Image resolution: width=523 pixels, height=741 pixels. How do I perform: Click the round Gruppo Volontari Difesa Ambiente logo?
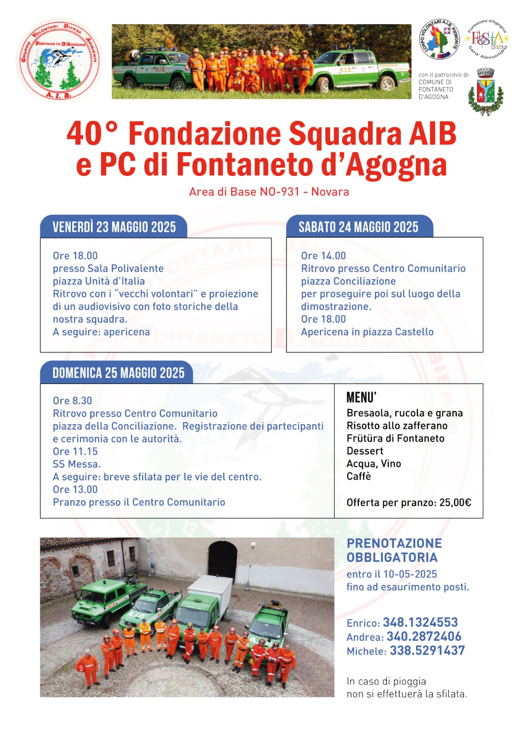coord(59,60)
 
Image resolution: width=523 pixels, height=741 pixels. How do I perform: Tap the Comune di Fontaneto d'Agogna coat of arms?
coord(485,91)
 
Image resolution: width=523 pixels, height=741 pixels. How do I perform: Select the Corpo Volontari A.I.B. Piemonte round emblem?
coord(439,39)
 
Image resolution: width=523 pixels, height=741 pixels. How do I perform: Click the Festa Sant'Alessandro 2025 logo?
coord(487,39)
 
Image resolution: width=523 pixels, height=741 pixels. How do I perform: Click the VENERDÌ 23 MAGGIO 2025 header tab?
coord(114,227)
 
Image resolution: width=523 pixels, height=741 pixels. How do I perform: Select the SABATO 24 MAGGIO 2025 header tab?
coord(359,227)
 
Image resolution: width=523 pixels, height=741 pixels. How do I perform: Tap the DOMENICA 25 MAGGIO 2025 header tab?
coord(118,373)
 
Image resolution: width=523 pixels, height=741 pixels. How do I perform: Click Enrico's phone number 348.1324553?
coord(420,622)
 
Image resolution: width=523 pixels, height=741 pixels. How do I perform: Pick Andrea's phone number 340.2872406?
coord(424,636)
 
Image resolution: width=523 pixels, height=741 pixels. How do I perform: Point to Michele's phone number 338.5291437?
coord(427,651)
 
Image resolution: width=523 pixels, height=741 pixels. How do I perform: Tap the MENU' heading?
coord(361,398)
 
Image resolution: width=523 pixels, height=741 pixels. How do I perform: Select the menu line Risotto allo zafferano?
coord(397,426)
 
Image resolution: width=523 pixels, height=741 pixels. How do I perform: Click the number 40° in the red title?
coord(91,134)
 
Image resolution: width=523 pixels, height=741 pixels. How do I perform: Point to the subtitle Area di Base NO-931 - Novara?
coord(269,192)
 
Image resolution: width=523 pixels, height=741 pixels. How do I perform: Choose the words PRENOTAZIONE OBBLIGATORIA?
coord(394,550)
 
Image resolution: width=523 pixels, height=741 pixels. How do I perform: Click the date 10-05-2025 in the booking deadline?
coord(410,574)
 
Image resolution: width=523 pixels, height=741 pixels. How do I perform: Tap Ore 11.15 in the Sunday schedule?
coord(75,452)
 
